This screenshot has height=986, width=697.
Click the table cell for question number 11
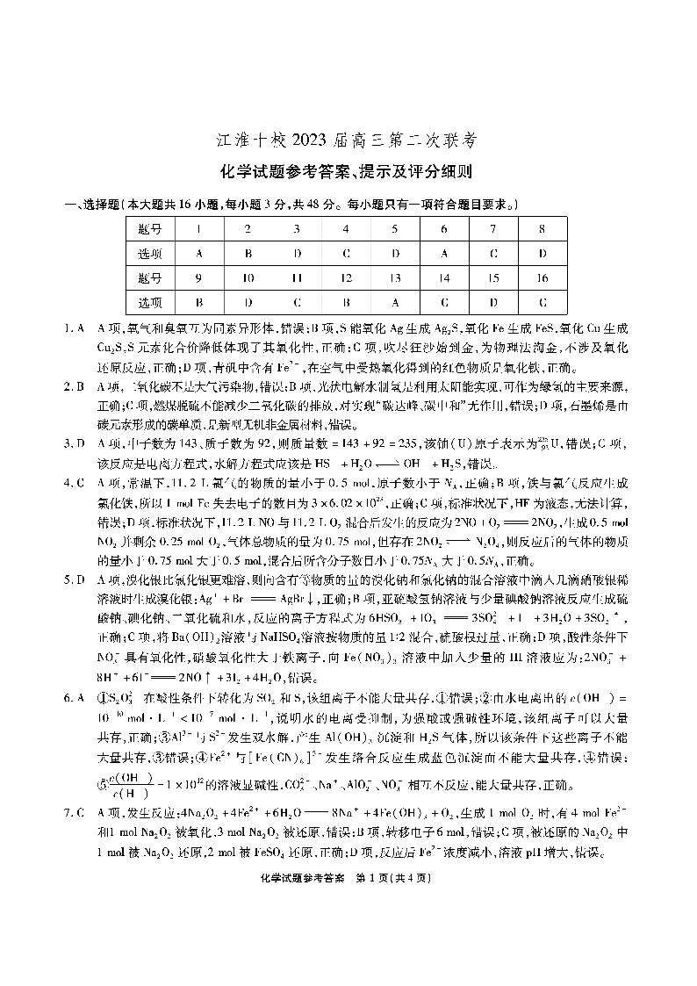click(x=298, y=278)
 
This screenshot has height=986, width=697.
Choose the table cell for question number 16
click(x=543, y=278)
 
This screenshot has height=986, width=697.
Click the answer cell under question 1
click(x=199, y=254)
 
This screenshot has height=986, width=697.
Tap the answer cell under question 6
click(x=444, y=254)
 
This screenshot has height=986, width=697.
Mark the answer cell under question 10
click(x=248, y=303)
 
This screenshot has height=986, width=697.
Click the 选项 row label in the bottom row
click(x=150, y=303)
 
